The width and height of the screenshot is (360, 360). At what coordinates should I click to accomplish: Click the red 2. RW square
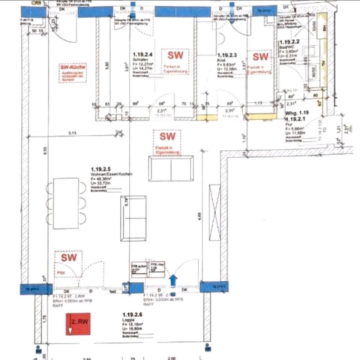click(78, 324)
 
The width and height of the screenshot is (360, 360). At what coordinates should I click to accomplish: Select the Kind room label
click(220, 60)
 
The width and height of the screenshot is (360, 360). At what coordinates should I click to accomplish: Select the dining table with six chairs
click(66, 203)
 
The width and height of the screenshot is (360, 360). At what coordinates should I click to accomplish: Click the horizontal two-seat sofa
click(171, 169)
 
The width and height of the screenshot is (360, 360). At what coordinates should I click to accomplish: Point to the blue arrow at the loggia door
click(174, 280)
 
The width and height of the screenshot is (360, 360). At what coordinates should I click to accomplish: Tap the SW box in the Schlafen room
click(175, 55)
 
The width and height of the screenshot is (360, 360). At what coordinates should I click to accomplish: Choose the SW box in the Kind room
click(261, 57)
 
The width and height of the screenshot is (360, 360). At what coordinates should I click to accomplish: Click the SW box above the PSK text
click(69, 258)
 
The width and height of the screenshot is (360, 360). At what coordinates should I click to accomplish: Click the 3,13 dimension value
click(72, 132)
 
